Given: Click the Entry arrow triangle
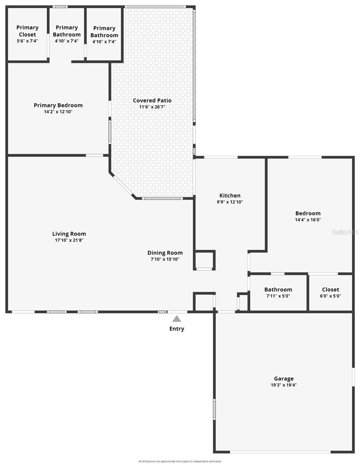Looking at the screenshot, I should click(x=177, y=319).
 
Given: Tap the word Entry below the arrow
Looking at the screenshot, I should click(x=177, y=329).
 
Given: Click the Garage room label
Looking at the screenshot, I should click(x=284, y=379).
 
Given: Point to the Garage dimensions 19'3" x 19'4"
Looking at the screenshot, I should click(x=284, y=385).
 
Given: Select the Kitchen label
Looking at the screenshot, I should click(x=230, y=196).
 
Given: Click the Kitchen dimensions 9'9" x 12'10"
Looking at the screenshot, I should click(x=230, y=202).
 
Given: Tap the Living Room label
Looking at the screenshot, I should click(x=69, y=234).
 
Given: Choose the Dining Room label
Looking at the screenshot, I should click(x=165, y=253).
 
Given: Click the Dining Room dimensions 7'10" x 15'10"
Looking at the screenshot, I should click(x=165, y=259).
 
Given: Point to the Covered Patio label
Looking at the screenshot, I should click(x=152, y=101).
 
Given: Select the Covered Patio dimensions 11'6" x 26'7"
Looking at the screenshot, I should click(x=152, y=107).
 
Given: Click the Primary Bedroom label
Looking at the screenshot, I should click(x=58, y=105).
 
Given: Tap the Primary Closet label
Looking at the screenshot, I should click(x=27, y=31).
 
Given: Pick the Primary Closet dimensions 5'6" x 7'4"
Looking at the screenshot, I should click(x=27, y=41).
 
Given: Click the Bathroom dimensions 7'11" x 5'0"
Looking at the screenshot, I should click(x=278, y=296).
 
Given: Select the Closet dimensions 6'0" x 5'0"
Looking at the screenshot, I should click(x=331, y=296).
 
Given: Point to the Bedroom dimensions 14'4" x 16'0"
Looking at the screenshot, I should click(x=308, y=220).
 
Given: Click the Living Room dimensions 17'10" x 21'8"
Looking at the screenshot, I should click(x=69, y=240).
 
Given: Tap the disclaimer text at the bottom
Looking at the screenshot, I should click(x=180, y=461).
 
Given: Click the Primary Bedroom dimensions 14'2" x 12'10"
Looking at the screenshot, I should click(x=58, y=111).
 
